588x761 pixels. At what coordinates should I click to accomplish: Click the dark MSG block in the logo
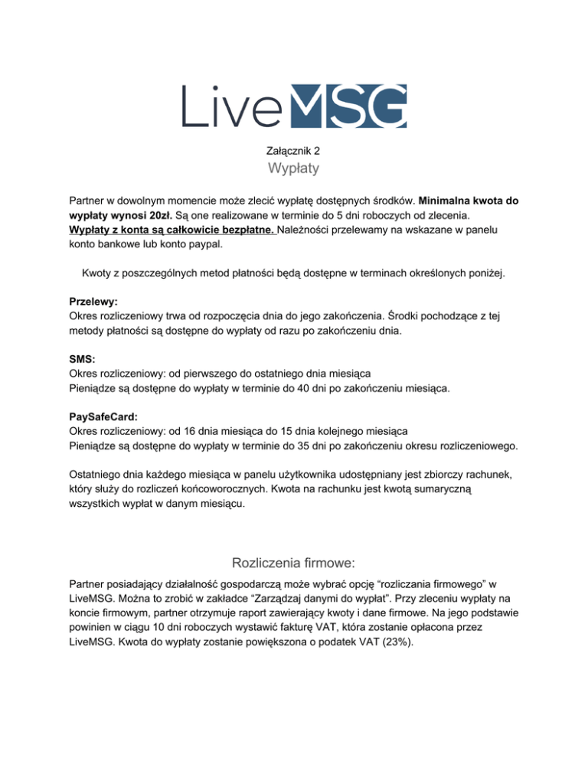(x=351, y=106)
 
